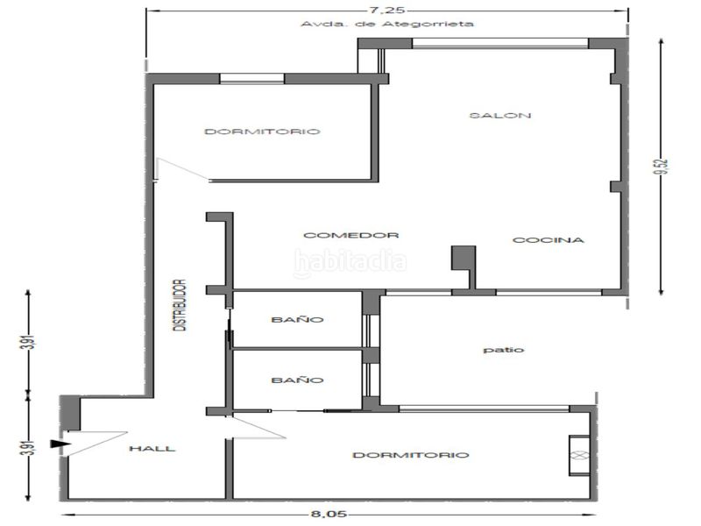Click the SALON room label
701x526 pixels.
tap(500, 116)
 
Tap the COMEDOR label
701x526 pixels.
tap(351, 235)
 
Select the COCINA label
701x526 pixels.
tap(549, 240)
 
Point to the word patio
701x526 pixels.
tap(503, 350)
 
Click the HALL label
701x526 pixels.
tap(152, 449)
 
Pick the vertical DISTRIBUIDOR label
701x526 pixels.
tap(180, 305)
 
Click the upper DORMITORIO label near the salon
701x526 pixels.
tap(262, 131)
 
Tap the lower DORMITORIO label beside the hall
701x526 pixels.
tap(411, 455)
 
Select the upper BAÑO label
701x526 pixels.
tap(297, 319)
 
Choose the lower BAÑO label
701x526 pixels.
tap(297, 380)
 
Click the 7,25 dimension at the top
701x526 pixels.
tap(386, 10)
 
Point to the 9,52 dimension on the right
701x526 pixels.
tap(663, 167)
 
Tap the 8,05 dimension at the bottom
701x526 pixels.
tap(329, 515)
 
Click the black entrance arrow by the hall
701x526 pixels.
tap(60, 444)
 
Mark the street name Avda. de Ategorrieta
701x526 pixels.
tap(387, 24)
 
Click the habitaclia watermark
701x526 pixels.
tap(350, 262)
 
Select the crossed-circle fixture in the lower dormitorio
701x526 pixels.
tap(579, 455)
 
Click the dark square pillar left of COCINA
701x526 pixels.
tap(464, 258)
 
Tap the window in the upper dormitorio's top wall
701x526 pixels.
tap(252, 79)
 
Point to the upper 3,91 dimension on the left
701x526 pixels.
tap(30, 342)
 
